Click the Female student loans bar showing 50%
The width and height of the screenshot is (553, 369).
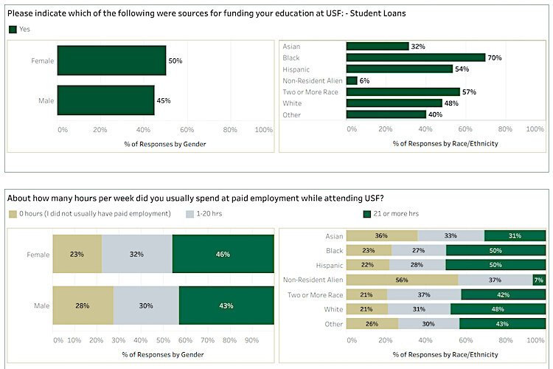tap(111, 61)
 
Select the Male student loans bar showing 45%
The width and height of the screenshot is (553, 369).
tap(105, 100)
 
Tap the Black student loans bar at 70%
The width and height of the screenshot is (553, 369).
tap(416, 58)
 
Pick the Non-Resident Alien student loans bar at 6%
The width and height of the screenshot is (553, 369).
tap(352, 80)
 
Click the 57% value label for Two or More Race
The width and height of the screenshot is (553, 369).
tap(469, 92)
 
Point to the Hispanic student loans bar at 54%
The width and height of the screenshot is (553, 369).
tap(400, 69)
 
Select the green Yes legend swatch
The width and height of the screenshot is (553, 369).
tap(13, 30)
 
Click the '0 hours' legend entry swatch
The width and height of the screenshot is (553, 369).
tap(13, 214)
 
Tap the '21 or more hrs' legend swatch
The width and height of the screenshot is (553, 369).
tap(367, 214)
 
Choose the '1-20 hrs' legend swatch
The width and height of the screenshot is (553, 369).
tap(189, 214)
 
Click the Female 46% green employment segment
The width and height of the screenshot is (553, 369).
tap(222, 255)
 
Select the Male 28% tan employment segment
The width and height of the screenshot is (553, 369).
tap(83, 306)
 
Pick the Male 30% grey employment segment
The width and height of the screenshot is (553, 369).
tap(146, 306)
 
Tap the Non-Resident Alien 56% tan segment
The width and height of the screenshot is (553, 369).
tap(402, 280)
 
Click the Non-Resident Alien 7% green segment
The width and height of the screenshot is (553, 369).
tap(539, 280)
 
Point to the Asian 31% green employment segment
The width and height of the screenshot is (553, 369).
tap(515, 236)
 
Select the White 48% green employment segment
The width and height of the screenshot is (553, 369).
tap(498, 309)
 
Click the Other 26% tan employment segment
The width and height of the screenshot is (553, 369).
tap(372, 324)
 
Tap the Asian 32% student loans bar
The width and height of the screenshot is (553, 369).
tap(378, 46)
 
